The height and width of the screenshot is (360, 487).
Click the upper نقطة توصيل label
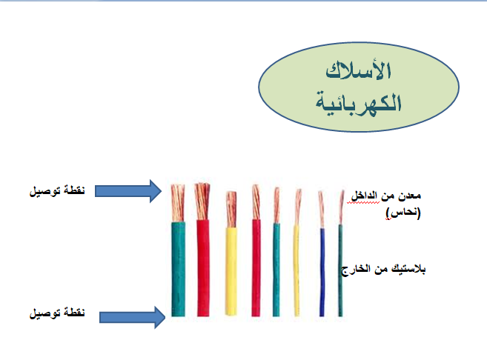[56, 192]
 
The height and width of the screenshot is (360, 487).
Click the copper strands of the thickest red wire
[202, 198]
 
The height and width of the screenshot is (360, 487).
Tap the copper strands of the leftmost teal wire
[178, 200]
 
